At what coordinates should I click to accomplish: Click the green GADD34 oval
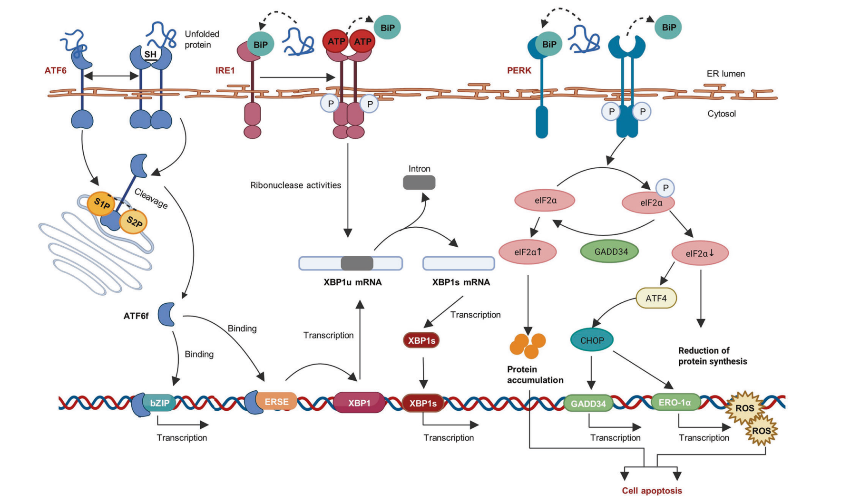(x=609, y=251)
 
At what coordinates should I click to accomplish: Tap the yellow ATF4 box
(x=656, y=299)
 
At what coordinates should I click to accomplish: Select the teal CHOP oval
(x=592, y=340)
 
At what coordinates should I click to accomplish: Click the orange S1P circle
(x=101, y=204)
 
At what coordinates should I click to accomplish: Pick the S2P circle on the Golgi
(x=134, y=222)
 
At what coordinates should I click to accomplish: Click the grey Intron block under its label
(x=419, y=183)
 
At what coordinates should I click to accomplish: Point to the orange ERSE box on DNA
(x=276, y=402)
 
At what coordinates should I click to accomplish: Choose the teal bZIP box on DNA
(x=159, y=403)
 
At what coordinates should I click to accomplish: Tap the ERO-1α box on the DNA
(x=675, y=403)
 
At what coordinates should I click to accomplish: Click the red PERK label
(x=519, y=70)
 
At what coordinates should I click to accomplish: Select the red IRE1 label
(x=225, y=70)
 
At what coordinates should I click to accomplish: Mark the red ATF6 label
(x=56, y=70)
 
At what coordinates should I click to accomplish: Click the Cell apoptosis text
(x=652, y=491)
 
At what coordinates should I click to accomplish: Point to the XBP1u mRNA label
(x=352, y=282)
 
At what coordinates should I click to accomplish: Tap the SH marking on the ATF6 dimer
(x=150, y=54)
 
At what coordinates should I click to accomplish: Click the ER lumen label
(x=725, y=74)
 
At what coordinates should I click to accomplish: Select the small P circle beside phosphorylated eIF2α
(x=665, y=188)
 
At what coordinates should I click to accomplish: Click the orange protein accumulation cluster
(x=528, y=345)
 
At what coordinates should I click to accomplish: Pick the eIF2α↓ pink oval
(x=700, y=253)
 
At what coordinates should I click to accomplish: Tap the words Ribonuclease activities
(x=295, y=185)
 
